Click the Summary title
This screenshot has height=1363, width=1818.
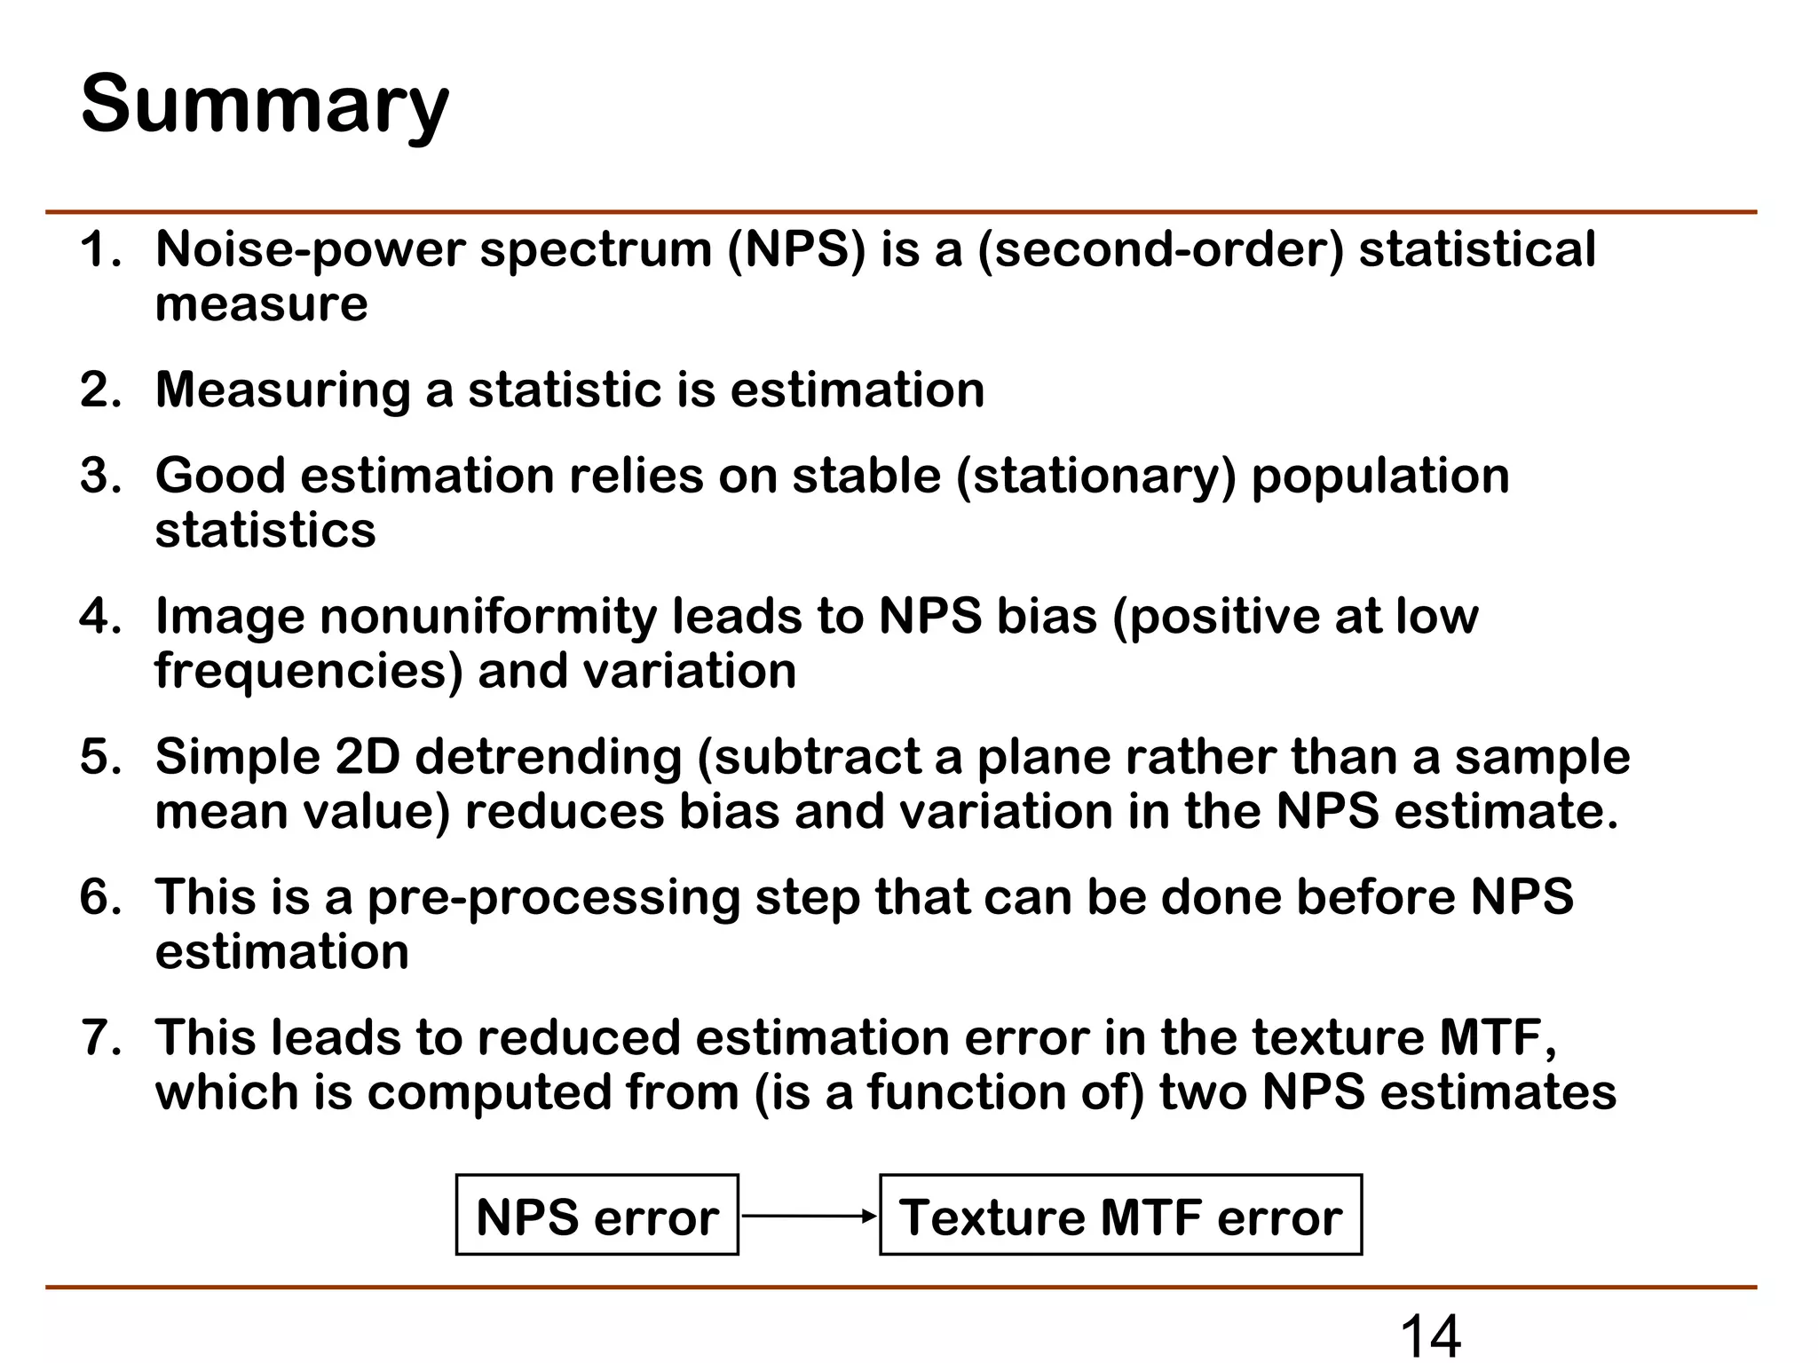click(x=265, y=105)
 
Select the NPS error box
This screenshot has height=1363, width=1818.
click(x=597, y=1216)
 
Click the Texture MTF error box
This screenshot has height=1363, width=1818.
click(x=1120, y=1216)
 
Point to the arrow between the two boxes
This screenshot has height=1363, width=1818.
click(x=809, y=1216)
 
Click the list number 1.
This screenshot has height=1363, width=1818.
click(x=99, y=249)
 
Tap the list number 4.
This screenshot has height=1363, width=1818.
click(x=99, y=616)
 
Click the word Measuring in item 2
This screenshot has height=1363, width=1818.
click(x=282, y=390)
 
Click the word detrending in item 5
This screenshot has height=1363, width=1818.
click(x=549, y=757)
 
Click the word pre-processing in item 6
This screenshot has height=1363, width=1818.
click(x=554, y=897)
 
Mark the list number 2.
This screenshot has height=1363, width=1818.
click(x=99, y=390)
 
